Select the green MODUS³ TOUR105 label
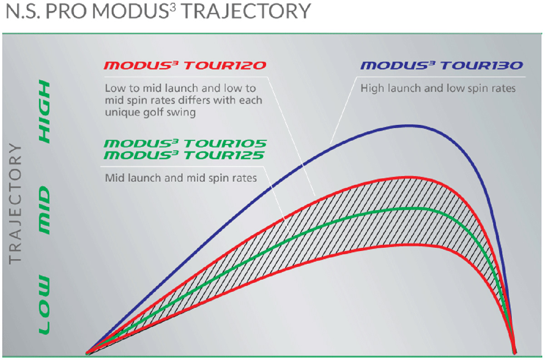tap(185, 144)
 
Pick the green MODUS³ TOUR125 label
tap(185, 155)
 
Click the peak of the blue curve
tap(411, 125)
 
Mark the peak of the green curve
tap(411, 208)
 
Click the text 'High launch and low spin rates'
tap(438, 89)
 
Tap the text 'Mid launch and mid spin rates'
tap(181, 178)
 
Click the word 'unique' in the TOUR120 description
tap(119, 112)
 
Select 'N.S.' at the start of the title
tap(22, 12)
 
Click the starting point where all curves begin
tap(87, 352)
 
